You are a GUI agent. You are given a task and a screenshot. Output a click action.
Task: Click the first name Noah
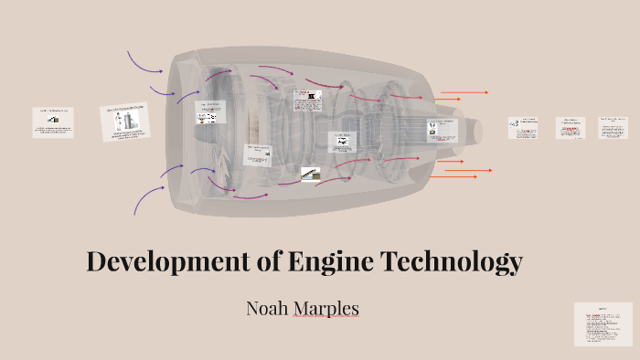tap(266, 309)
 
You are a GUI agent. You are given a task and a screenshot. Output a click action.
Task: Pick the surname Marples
tap(325, 309)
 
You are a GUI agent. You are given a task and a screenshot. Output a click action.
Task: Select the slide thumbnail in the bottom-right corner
tap(603, 323)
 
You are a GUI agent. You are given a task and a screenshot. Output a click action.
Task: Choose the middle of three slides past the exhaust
tap(571, 128)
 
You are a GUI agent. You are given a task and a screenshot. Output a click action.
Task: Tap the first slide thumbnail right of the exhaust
tap(524, 128)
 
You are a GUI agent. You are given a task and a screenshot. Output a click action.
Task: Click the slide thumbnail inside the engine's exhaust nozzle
tap(441, 129)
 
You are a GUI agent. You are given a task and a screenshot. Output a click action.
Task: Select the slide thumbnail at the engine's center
tap(342, 141)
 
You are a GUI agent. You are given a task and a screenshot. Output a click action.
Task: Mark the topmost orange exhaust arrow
tap(464, 92)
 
